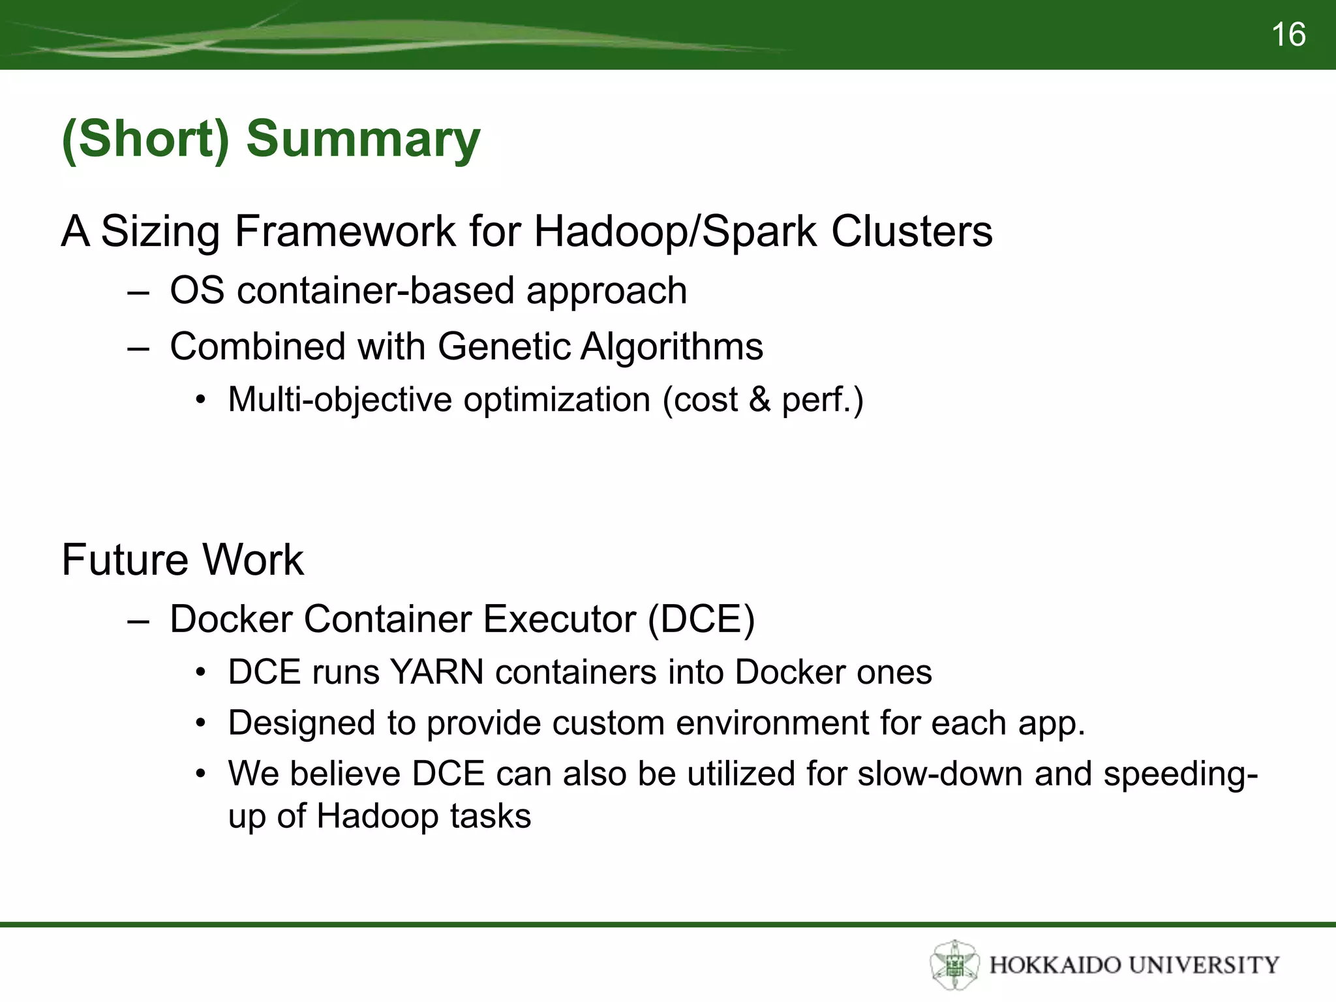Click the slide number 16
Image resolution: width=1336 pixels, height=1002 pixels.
1288,35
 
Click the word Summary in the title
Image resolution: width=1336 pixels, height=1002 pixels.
363,139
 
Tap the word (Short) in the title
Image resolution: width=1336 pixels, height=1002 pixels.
145,139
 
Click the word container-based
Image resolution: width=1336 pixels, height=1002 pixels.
375,290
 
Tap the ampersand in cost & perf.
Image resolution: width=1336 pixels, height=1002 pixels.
760,400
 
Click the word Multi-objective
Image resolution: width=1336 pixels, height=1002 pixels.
340,400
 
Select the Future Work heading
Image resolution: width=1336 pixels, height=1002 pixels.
183,560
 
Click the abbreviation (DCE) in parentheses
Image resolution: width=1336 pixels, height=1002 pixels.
701,619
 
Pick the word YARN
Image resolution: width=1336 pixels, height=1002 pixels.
436,672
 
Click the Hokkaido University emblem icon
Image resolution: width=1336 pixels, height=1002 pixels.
954,965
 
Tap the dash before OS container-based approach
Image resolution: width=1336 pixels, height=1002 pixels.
138,292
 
